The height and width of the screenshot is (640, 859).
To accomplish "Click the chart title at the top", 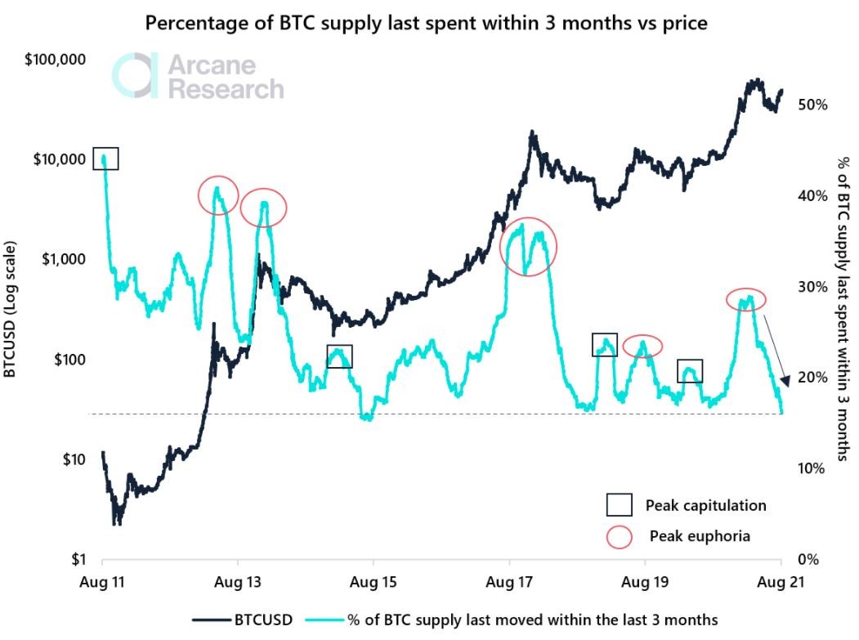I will click(x=426, y=23).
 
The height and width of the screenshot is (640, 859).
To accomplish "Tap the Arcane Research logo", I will click(x=199, y=77).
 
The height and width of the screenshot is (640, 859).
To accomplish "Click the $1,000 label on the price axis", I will click(x=64, y=259).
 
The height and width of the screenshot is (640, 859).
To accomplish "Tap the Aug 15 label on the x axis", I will click(x=374, y=584).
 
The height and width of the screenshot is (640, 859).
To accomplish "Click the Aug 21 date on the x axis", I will click(x=781, y=584).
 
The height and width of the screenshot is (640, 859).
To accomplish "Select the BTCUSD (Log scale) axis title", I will click(x=11, y=310).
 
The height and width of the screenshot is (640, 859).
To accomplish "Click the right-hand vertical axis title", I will click(x=843, y=311).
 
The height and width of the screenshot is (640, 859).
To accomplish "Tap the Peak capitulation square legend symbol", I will click(x=620, y=505).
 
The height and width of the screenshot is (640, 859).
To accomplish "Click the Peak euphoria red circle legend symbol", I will click(x=620, y=536).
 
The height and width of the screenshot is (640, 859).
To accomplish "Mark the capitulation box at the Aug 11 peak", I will click(x=105, y=159).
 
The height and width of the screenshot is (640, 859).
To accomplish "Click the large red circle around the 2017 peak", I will click(x=528, y=246).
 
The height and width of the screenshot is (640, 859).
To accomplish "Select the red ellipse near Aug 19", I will click(x=642, y=347).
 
